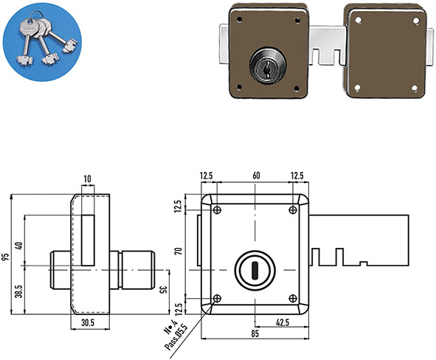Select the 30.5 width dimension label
tap(88, 322)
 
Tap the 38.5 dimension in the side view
tap(19, 291)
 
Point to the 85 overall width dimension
tap(255, 333)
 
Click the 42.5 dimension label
tap(283, 322)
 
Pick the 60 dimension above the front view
tap(256, 176)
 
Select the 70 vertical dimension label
tap(179, 251)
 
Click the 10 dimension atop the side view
tap(87, 179)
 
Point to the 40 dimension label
tap(19, 246)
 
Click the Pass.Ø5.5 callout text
tap(176, 337)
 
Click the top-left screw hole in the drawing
tap(217, 210)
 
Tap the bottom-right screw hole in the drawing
tap(293, 299)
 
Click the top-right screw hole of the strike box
tap(415, 21)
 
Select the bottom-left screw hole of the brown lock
tap(239, 88)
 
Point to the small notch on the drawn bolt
tap(364, 263)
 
